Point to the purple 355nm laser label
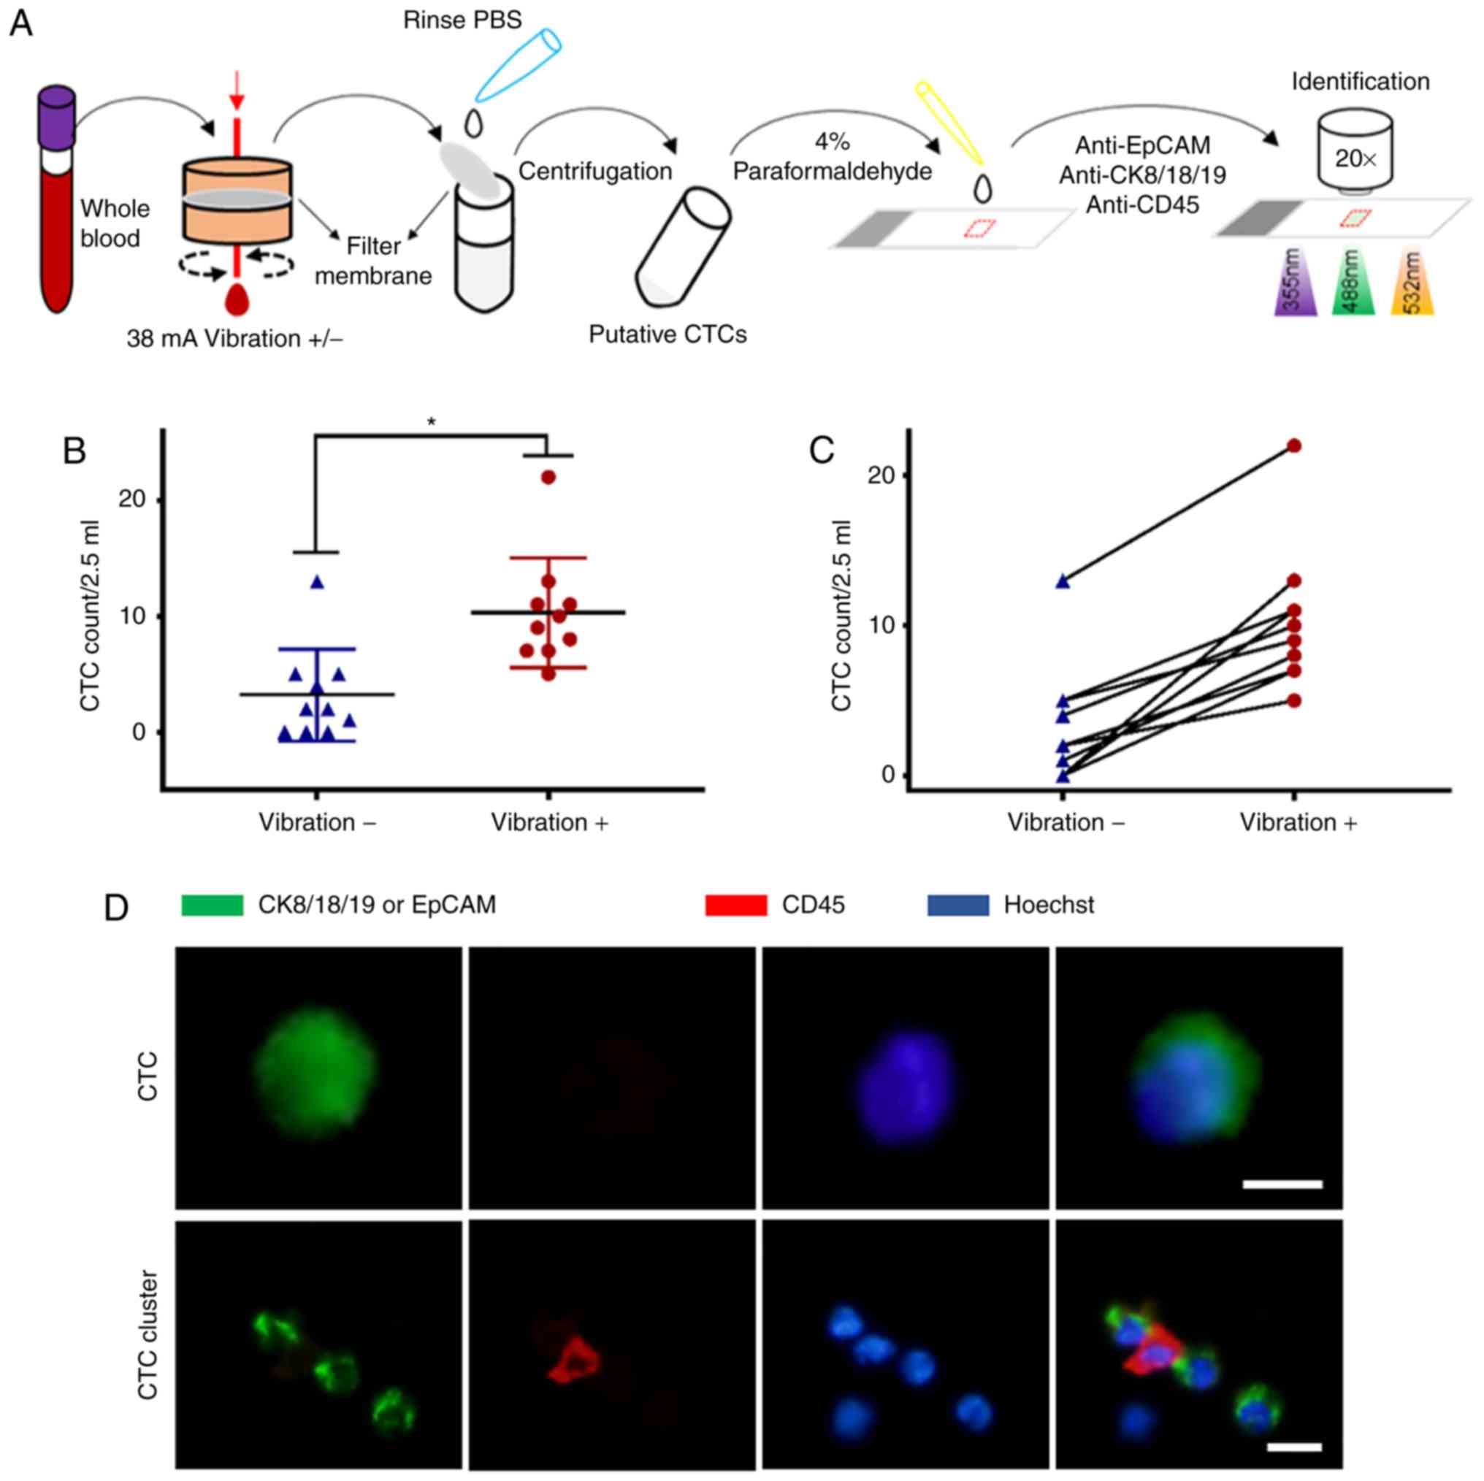[x=1295, y=282]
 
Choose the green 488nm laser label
[x=1353, y=282]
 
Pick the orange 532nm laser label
[x=1412, y=282]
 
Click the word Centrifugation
[x=594, y=172]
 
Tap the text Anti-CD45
[x=1141, y=205]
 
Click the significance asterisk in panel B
[x=432, y=421]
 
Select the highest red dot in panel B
[x=548, y=477]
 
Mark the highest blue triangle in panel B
[x=317, y=582]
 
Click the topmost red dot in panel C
[x=1294, y=445]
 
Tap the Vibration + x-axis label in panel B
[x=549, y=823]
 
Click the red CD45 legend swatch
[x=735, y=905]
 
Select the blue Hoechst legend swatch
[x=958, y=905]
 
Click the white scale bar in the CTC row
[x=1282, y=1185]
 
